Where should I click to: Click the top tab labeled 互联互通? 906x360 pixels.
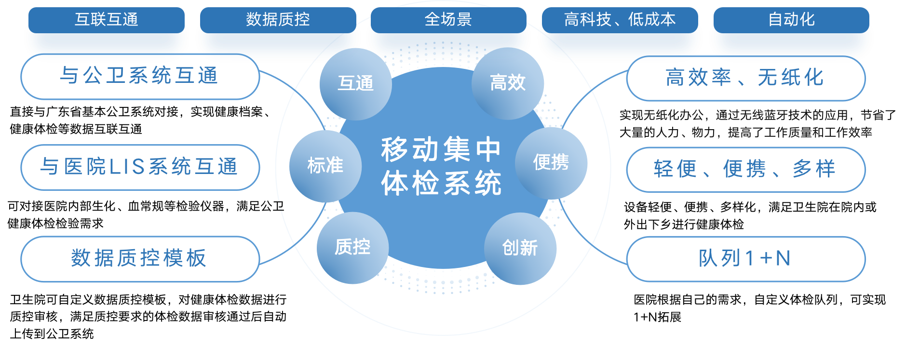pyautogui.click(x=107, y=20)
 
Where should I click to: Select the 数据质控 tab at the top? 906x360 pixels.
pyautogui.click(x=278, y=20)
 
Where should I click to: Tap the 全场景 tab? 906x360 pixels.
pyautogui.click(x=448, y=20)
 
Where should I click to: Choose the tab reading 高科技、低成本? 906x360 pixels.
pyautogui.click(x=620, y=20)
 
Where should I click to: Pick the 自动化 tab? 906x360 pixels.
pyautogui.click(x=791, y=20)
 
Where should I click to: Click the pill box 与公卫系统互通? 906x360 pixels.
pyautogui.click(x=140, y=76)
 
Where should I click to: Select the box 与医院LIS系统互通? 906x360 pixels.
pyautogui.click(x=140, y=167)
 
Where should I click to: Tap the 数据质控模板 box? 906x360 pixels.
pyautogui.click(x=140, y=258)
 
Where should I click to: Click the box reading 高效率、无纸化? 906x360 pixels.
pyautogui.click(x=745, y=78)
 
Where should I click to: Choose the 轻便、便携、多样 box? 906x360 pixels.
pyautogui.click(x=745, y=169)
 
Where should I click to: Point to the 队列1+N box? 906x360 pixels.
pyautogui.click(x=745, y=258)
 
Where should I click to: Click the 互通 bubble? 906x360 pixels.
pyautogui.click(x=356, y=83)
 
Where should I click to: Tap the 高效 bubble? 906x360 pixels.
pyautogui.click(x=508, y=83)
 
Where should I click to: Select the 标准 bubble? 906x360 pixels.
pyautogui.click(x=325, y=166)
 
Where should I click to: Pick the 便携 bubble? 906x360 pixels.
pyautogui.click(x=551, y=162)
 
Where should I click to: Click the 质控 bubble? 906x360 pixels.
pyautogui.click(x=352, y=247)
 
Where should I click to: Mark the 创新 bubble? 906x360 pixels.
pyautogui.click(x=520, y=248)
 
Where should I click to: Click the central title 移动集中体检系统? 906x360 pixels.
pyautogui.click(x=441, y=166)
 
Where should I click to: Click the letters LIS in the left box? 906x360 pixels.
pyautogui.click(x=127, y=167)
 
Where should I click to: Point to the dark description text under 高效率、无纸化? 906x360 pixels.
pyautogui.click(x=757, y=124)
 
